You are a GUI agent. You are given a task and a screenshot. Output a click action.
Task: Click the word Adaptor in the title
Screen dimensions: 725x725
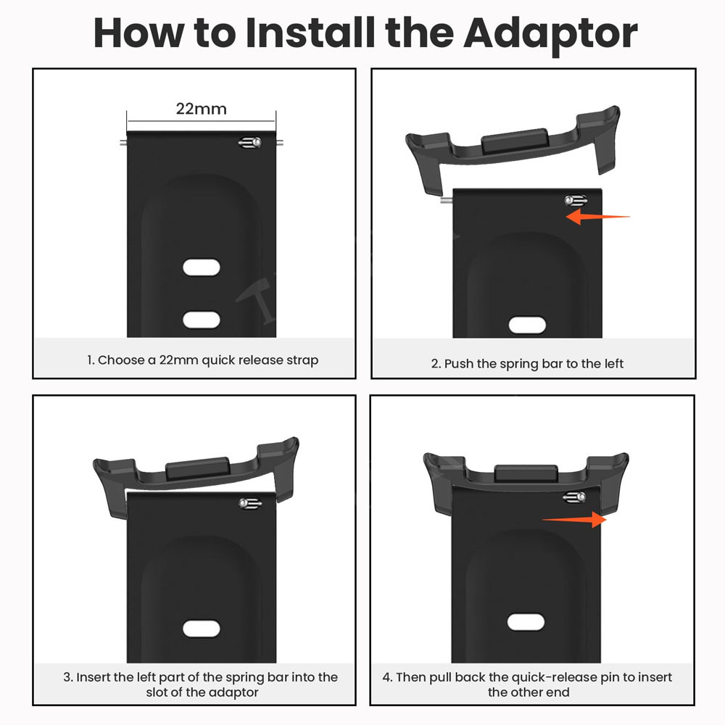click(550, 34)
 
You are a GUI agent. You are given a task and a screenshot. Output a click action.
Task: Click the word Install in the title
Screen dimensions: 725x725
click(310, 33)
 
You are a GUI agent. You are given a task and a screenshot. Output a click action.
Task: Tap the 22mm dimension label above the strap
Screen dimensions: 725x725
click(201, 109)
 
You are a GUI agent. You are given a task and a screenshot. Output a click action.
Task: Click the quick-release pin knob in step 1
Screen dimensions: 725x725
click(250, 142)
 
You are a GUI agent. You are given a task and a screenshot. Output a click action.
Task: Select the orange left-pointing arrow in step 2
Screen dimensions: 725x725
click(597, 216)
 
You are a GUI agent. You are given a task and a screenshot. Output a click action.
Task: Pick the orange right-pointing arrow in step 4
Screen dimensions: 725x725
click(574, 519)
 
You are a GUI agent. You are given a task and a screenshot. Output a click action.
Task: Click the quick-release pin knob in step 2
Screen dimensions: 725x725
click(576, 201)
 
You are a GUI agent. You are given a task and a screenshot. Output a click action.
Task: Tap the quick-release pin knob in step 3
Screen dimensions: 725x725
click(250, 503)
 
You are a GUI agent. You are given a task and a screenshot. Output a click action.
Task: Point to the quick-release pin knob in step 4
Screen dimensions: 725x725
click(575, 497)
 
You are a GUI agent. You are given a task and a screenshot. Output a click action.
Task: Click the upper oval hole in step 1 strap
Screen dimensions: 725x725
click(201, 268)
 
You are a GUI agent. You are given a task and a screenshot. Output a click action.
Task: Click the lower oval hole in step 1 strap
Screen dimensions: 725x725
click(201, 320)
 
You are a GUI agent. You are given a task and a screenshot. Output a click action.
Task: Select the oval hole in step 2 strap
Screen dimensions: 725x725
click(527, 325)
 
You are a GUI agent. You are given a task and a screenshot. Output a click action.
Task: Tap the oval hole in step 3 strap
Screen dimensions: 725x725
click(201, 629)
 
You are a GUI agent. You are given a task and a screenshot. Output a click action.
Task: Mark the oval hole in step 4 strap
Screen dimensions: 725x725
click(526, 622)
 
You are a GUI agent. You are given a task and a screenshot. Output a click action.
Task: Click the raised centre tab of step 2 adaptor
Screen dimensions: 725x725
click(515, 141)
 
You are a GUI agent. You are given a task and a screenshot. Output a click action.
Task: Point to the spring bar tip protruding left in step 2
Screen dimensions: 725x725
click(446, 200)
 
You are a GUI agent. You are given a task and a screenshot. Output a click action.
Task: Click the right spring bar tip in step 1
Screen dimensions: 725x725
click(279, 142)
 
